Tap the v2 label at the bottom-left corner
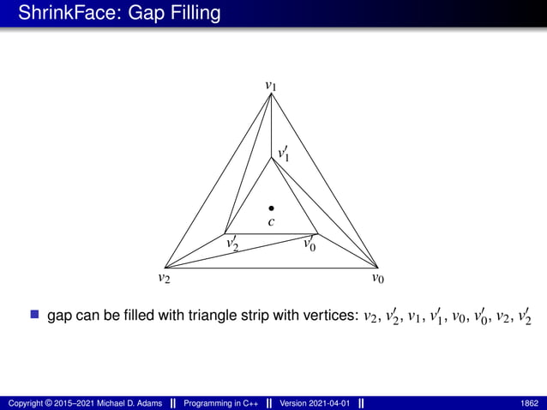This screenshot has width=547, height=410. tap(164, 278)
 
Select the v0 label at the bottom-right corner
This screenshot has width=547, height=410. tap(378, 278)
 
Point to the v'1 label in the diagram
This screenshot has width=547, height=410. tap(283, 154)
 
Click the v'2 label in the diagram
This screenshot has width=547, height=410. tap(231, 244)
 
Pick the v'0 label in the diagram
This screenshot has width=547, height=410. tap(308, 244)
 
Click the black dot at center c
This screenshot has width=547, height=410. tap(271, 208)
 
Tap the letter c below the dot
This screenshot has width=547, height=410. tap(271, 222)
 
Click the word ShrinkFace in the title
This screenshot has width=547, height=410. tap(60, 14)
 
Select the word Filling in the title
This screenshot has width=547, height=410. tap(192, 14)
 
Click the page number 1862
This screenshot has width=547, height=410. tap(529, 402)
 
